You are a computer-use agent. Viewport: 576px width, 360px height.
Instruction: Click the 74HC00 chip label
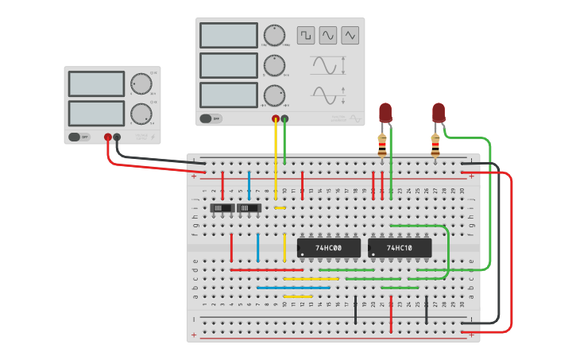[x=328, y=248]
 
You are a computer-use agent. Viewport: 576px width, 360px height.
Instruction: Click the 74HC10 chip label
[x=400, y=248]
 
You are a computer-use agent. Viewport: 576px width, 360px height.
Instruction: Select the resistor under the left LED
[x=382, y=145]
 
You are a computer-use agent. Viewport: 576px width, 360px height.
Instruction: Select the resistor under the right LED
[x=435, y=145]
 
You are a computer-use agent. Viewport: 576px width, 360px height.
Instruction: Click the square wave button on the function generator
[x=306, y=35]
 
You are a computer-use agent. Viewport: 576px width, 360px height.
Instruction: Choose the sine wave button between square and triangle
[x=328, y=35]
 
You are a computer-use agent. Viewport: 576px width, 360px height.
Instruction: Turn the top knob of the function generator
[x=274, y=35]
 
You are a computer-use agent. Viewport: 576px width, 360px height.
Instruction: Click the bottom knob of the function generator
[x=274, y=95]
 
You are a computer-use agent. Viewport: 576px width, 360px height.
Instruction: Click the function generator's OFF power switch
[x=211, y=118]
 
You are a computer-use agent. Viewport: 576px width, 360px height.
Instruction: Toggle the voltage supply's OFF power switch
[x=79, y=137]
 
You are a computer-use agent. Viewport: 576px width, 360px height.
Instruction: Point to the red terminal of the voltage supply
[x=108, y=137]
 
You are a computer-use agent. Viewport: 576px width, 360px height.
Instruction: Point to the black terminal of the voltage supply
[x=117, y=137]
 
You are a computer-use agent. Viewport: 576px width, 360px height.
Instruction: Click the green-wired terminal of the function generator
[x=284, y=119]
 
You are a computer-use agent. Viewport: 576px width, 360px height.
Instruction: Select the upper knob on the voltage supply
[x=141, y=83]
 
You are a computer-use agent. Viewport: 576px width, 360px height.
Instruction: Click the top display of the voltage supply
[x=96, y=83]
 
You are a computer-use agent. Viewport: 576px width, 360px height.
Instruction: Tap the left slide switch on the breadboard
[x=222, y=208]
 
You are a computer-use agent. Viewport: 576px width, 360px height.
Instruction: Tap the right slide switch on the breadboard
[x=249, y=208]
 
